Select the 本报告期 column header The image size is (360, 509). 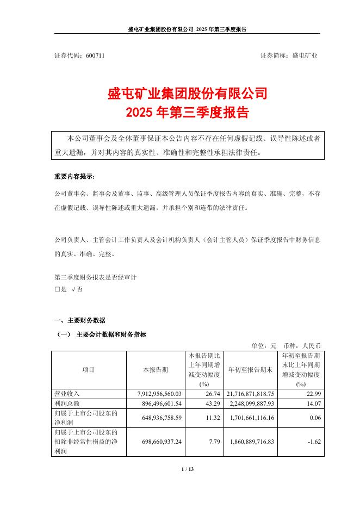click(x=156, y=370)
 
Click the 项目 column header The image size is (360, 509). click(x=89, y=370)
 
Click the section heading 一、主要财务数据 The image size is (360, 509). click(x=80, y=320)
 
